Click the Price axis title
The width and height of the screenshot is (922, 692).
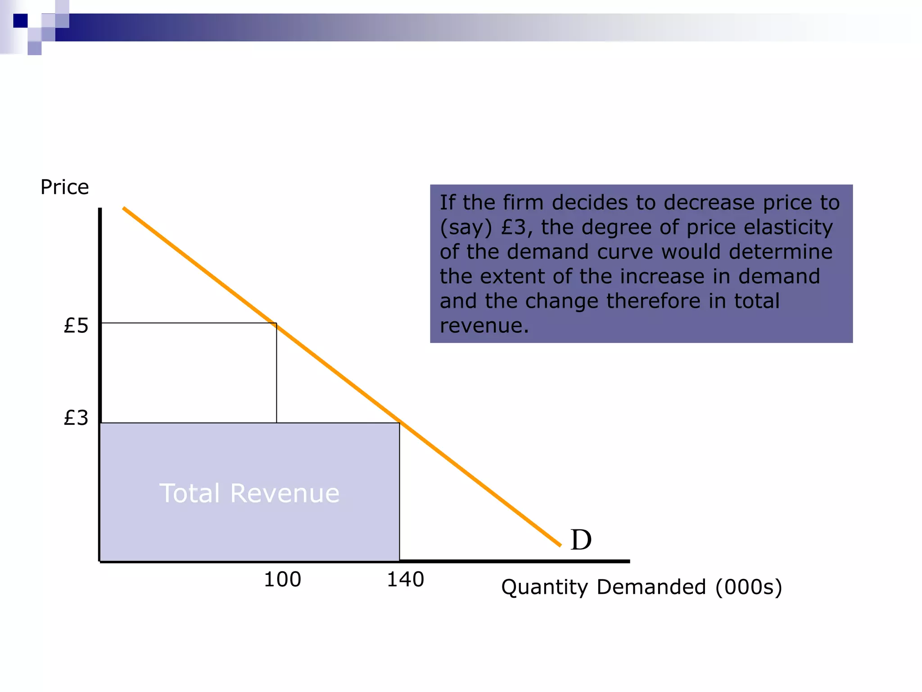click(x=64, y=187)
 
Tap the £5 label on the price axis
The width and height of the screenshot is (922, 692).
click(x=76, y=325)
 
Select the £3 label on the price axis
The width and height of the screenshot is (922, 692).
click(x=76, y=418)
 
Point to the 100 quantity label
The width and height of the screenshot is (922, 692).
click(x=282, y=579)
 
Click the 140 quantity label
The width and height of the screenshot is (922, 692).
click(x=405, y=579)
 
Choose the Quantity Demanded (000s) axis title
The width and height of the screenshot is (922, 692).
click(x=642, y=587)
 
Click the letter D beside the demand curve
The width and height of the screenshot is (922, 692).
click(x=581, y=540)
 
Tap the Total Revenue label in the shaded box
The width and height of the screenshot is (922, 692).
click(x=249, y=493)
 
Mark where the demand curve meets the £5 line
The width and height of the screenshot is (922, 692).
click(x=276, y=323)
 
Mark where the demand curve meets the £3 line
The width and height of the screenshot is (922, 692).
click(x=400, y=423)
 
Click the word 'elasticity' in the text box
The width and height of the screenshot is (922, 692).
click(x=788, y=227)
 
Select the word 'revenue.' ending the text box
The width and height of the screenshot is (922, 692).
click(x=484, y=326)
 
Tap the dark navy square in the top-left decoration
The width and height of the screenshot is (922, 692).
click(x=20, y=21)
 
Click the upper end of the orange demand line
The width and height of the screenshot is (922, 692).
click(x=124, y=208)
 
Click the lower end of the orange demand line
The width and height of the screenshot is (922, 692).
click(x=560, y=546)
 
